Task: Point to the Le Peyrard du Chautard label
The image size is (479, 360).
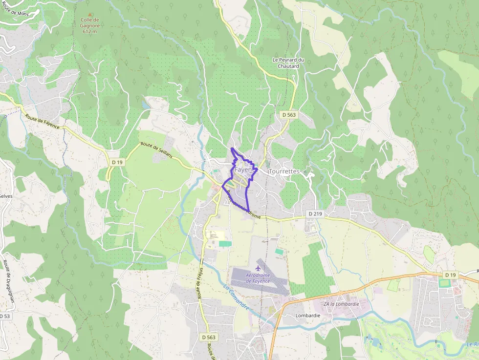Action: pyautogui.click(x=288, y=63)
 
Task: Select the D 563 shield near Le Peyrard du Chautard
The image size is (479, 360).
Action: pyautogui.click(x=289, y=114)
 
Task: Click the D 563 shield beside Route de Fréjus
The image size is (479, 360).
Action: pyautogui.click(x=209, y=337)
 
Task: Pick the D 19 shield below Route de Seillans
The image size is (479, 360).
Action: pyautogui.click(x=116, y=162)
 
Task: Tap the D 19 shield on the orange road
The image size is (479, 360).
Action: pyautogui.click(x=451, y=275)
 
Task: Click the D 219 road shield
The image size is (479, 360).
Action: pyautogui.click(x=315, y=214)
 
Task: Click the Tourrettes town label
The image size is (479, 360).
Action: pyautogui.click(x=284, y=171)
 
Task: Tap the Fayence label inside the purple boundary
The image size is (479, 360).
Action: pyautogui.click(x=243, y=169)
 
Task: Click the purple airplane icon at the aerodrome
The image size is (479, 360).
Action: pyautogui.click(x=259, y=269)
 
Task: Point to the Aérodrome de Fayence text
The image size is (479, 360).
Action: pyautogui.click(x=258, y=278)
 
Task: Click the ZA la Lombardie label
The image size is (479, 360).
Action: pyautogui.click(x=341, y=303)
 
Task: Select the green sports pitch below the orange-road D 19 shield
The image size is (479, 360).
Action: pyautogui.click(x=444, y=283)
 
